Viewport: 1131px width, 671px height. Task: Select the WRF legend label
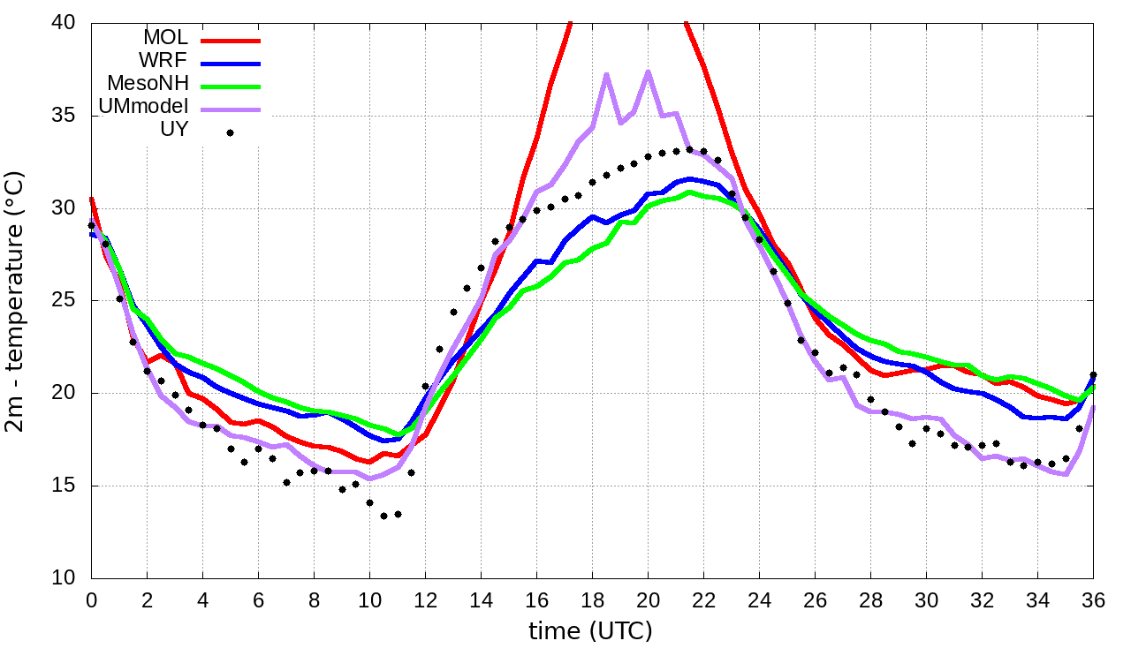[x=163, y=61]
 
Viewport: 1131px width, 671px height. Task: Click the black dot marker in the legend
[x=230, y=132]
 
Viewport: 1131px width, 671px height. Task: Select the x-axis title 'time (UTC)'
[x=590, y=631]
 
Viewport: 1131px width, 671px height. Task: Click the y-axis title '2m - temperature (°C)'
[x=16, y=300]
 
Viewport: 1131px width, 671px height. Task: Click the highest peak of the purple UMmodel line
[x=649, y=72]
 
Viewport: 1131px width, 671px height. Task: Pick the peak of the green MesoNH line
[x=690, y=192]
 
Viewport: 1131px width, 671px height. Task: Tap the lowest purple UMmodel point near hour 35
[x=1066, y=474]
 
